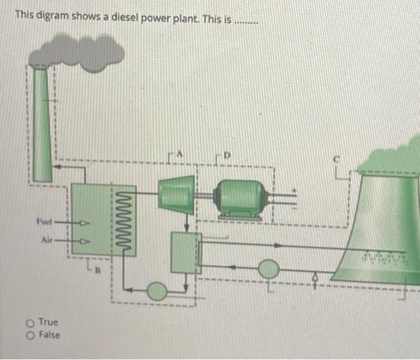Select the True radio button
[x=30, y=323]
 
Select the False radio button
[x=31, y=335]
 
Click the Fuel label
[x=44, y=221]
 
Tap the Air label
[x=47, y=240]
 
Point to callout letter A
[x=180, y=154]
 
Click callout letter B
[x=98, y=271]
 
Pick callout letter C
[x=336, y=160]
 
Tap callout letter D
[x=227, y=155]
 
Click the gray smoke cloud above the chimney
[x=76, y=53]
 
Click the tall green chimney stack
[x=42, y=125]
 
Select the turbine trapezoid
[x=176, y=195]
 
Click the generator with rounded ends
[x=240, y=199]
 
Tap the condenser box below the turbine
[x=187, y=253]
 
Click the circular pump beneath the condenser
[x=157, y=291]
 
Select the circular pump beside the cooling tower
[x=268, y=269]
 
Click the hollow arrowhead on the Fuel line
[x=85, y=223]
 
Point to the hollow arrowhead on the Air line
[x=85, y=241]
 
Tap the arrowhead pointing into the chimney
[x=57, y=167]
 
